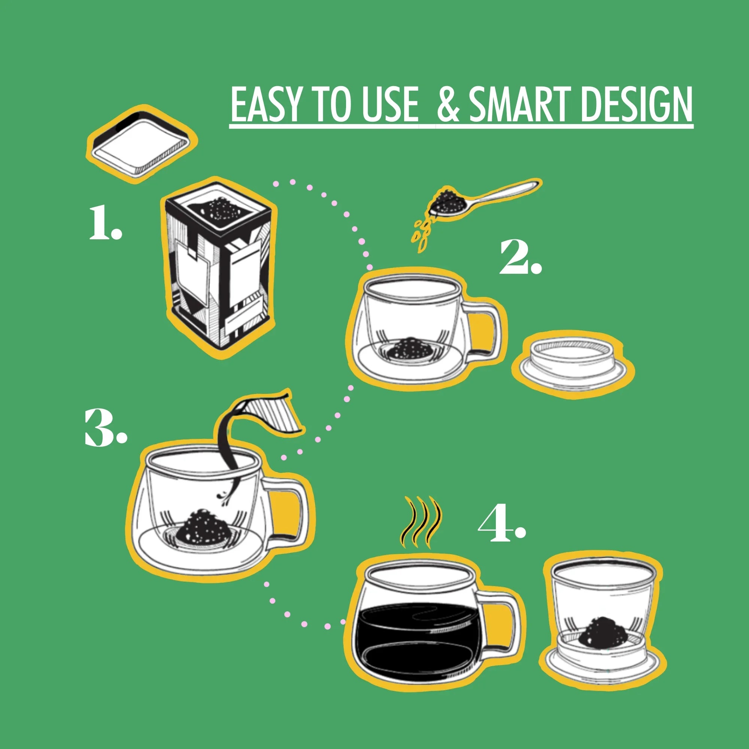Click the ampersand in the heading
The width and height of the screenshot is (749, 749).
point(448,105)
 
